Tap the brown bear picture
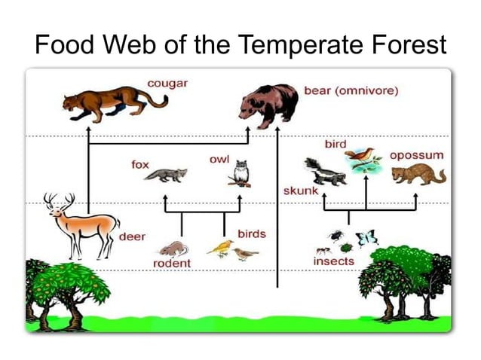click(x=268, y=102)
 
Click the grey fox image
click(x=165, y=175)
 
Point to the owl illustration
click(x=240, y=173)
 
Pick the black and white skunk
click(x=325, y=171)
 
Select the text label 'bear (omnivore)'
click(x=351, y=90)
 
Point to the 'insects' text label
click(x=333, y=261)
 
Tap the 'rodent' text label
click(x=172, y=264)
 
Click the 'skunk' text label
click(x=299, y=191)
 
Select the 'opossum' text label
click(x=416, y=154)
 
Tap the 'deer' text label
click(x=133, y=236)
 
